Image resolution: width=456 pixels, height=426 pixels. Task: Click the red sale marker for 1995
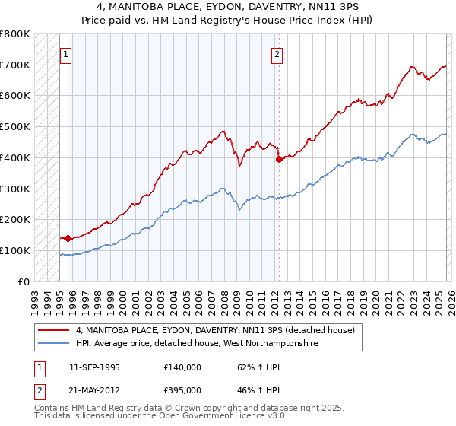(68, 238)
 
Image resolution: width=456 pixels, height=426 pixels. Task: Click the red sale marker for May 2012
(279, 159)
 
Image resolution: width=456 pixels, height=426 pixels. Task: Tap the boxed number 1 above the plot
(67, 54)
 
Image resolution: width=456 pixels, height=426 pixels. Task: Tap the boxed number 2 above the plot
(277, 54)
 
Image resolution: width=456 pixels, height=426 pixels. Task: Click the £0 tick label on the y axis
(24, 281)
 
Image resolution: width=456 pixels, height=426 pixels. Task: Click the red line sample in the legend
(53, 330)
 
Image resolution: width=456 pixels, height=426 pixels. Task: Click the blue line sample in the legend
(53, 344)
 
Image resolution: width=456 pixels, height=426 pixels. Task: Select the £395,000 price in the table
(182, 389)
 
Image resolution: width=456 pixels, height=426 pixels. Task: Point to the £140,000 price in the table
(182, 367)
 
